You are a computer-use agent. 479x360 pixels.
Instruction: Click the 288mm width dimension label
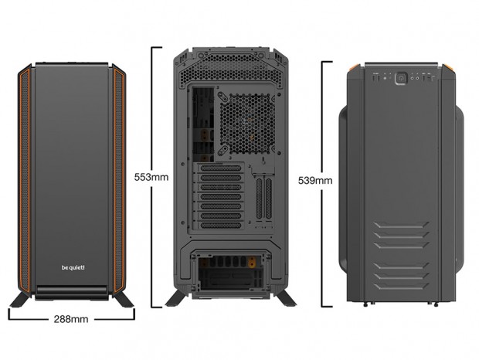click(71, 319)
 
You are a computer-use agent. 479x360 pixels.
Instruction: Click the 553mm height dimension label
click(151, 177)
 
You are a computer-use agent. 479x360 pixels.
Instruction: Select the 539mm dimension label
click(315, 181)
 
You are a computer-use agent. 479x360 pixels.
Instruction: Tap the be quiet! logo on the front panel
click(73, 268)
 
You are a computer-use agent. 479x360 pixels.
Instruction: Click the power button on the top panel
click(401, 78)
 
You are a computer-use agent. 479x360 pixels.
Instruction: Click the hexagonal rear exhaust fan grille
click(247, 124)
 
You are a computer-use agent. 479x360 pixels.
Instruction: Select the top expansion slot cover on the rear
click(220, 168)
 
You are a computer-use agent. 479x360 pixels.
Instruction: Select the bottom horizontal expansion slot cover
click(220, 226)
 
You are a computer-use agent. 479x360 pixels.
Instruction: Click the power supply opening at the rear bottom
click(231, 272)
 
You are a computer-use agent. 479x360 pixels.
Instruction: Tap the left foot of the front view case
click(20, 299)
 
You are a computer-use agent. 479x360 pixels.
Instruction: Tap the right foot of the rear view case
click(286, 298)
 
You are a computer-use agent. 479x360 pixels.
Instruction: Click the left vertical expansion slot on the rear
click(259, 199)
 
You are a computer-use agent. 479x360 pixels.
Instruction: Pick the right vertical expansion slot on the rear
click(269, 199)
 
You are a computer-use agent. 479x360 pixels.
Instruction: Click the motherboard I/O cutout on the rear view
click(203, 124)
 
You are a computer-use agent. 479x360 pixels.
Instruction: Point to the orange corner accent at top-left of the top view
click(354, 67)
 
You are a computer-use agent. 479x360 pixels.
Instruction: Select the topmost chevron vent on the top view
click(401, 225)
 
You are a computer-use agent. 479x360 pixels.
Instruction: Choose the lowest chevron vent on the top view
click(401, 287)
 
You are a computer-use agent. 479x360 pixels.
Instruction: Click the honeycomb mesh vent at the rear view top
click(231, 69)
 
